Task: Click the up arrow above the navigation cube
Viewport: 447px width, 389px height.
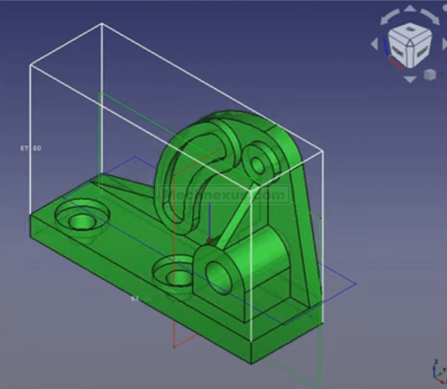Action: pos(410,9)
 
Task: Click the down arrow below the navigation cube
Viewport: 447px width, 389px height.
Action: pos(410,79)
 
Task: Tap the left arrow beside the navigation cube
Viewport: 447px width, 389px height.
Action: pos(374,44)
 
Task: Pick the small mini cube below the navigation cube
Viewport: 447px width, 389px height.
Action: pos(430,75)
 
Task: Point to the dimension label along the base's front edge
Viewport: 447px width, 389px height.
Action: pos(135,298)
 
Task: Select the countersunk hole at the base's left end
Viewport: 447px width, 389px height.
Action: pos(80,221)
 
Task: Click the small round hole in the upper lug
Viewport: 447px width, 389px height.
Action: pos(260,162)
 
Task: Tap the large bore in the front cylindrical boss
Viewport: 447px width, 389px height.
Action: pos(220,275)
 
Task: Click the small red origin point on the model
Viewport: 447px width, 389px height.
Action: pos(209,241)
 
